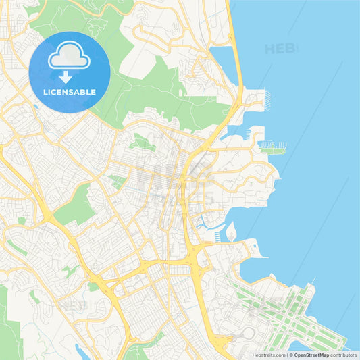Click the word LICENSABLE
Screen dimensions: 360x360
70,92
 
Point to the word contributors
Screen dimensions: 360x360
344,354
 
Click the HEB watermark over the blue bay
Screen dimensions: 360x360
280,49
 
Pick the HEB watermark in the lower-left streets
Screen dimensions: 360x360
71,305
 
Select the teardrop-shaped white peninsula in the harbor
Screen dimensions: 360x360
231,233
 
